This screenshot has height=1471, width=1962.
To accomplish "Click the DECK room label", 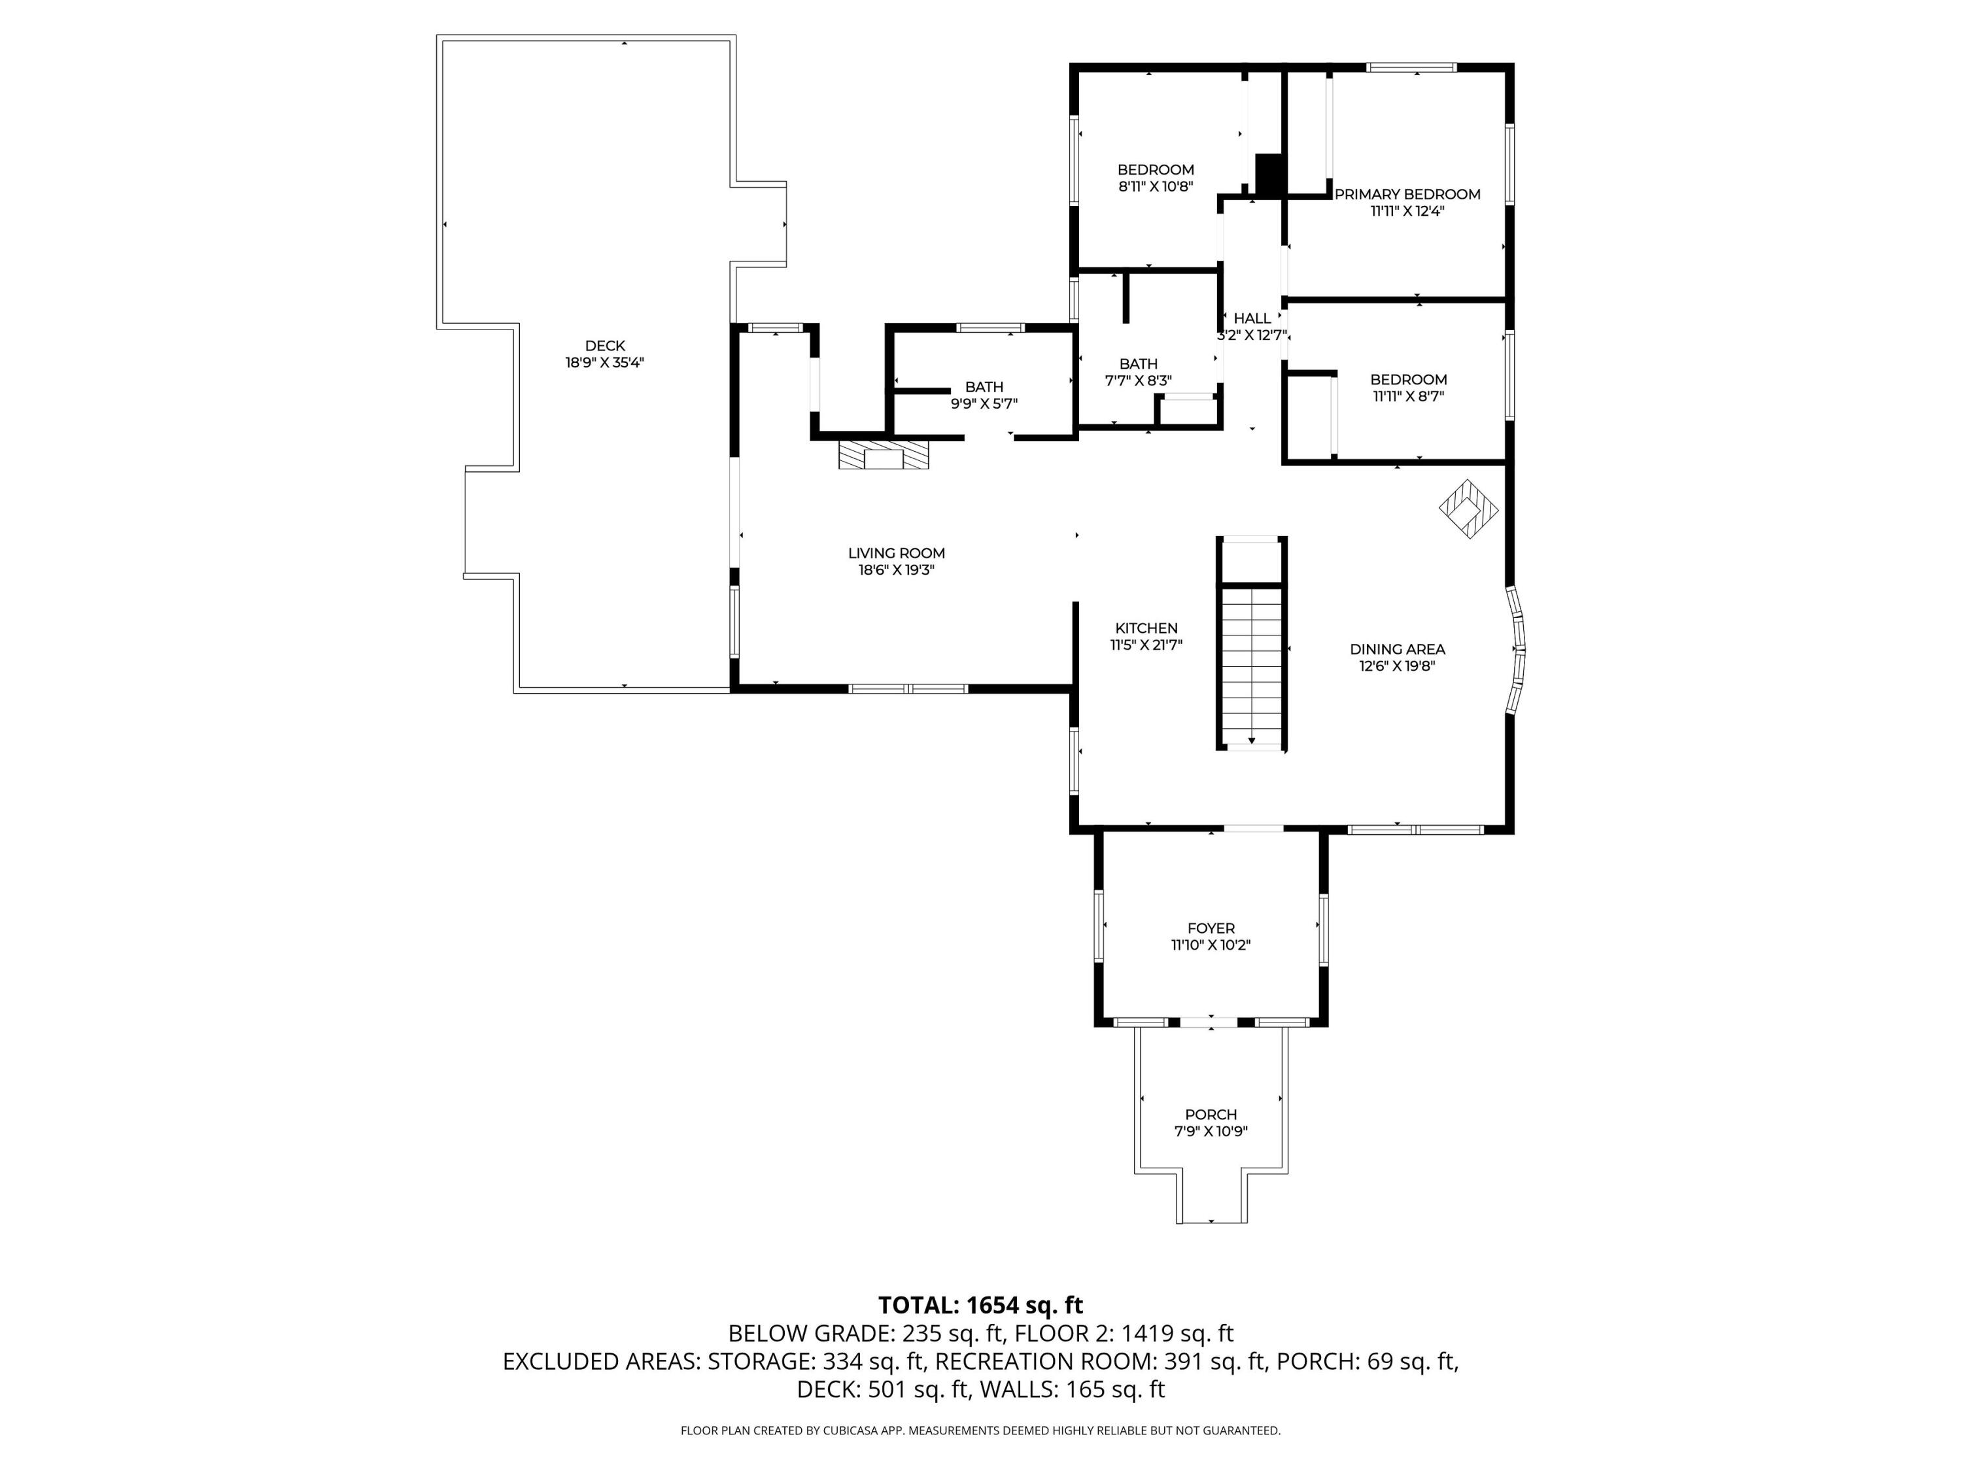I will (605, 346).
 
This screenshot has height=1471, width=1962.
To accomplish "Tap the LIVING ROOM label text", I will (896, 553).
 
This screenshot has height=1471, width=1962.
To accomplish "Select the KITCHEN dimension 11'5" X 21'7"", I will (1146, 645).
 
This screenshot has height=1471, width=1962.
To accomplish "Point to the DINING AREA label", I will (1397, 649).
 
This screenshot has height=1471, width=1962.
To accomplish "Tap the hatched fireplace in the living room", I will (884, 456).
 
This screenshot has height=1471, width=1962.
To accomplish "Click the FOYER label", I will (1211, 928).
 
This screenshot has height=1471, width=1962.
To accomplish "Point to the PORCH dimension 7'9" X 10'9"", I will (1211, 1132).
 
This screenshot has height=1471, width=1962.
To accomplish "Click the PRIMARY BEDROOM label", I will (1407, 194).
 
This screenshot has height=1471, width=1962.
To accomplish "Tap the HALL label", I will (1252, 318).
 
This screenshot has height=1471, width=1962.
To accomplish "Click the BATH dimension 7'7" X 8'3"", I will (1138, 380).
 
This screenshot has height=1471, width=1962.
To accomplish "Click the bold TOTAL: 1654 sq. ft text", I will (980, 1305).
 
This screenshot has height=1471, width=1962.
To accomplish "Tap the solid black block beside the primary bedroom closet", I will (1270, 174).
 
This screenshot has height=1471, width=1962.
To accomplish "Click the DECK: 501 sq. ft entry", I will (882, 1389).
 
